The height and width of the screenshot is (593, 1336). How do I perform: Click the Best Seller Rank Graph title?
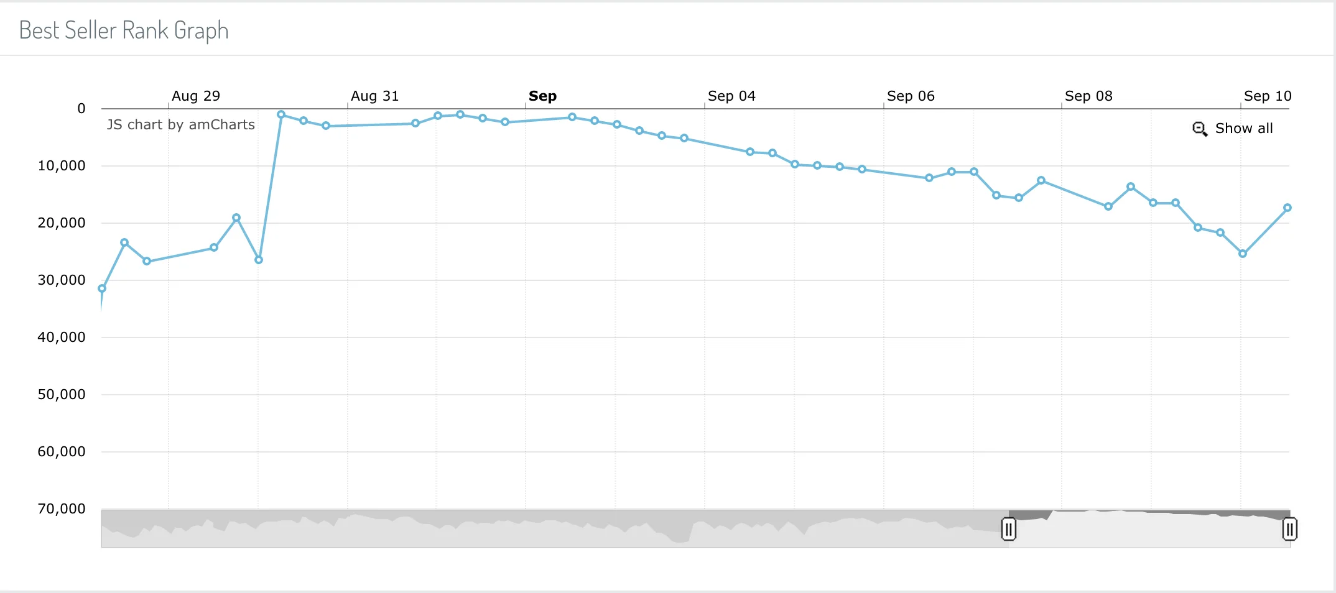point(124,30)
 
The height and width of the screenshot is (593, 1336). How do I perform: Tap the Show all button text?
point(1244,129)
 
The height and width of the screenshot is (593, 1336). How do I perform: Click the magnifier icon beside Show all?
point(1200,129)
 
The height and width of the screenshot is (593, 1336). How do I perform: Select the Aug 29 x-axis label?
point(196,96)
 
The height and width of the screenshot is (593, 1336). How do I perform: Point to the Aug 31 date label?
point(374,96)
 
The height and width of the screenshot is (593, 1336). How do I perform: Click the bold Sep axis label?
point(542,96)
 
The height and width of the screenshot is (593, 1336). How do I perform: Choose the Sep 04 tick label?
point(731,96)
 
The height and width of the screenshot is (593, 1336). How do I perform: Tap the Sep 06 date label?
point(911,96)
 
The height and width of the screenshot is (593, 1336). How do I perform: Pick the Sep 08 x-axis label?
point(1088,96)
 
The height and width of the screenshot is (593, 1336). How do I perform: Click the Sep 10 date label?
point(1268,96)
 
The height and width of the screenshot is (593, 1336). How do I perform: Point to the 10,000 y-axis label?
point(62,166)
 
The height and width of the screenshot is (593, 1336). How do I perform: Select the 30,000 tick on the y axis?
point(62,280)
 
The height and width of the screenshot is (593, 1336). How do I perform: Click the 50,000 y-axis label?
point(62,395)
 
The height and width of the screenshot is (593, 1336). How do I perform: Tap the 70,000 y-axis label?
point(62,509)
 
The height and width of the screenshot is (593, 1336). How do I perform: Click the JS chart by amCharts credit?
point(181,125)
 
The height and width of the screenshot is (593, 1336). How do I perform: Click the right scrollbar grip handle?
point(1289,529)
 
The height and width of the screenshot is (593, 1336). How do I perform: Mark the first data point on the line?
point(102,288)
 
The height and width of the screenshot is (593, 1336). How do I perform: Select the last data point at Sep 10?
point(1287,208)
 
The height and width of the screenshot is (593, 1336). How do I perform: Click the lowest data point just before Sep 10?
point(1243,254)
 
